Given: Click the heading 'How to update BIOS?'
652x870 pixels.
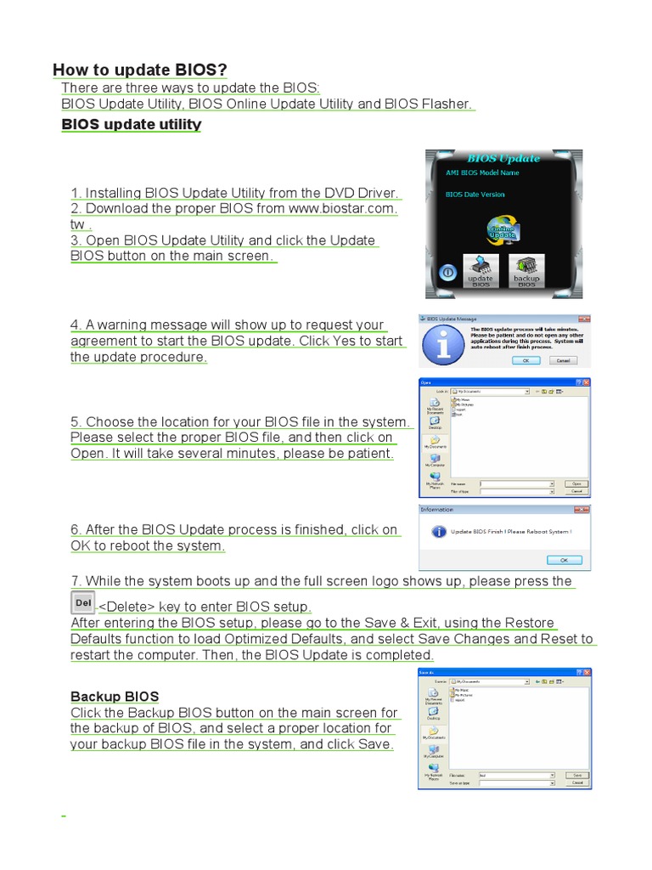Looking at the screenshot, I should (140, 70).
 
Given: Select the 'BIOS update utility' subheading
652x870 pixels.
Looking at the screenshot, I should (132, 125).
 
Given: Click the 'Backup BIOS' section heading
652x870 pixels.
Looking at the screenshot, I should (115, 697).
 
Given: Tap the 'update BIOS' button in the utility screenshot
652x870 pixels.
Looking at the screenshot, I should (481, 270).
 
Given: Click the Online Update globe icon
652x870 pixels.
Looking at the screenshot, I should (503, 231).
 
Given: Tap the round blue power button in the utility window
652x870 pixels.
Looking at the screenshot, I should (447, 273).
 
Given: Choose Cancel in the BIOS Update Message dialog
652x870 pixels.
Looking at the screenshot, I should (562, 360).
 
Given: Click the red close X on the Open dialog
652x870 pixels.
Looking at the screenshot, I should (586, 383).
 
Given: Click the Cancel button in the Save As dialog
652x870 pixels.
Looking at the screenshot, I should (576, 784).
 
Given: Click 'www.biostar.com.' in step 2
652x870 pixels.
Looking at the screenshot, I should (343, 208).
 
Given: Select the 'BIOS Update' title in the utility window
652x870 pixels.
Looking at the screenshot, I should (503, 158).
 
